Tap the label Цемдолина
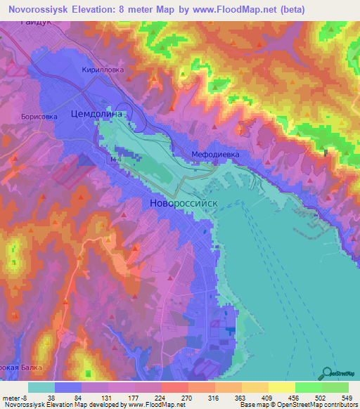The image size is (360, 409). [x=98, y=113]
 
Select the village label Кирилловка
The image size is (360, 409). [x=103, y=70]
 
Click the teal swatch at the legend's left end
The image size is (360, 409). [x=41, y=387]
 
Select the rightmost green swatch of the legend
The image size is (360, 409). [x=335, y=387]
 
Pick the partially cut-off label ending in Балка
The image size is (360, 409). [x=15, y=368]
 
